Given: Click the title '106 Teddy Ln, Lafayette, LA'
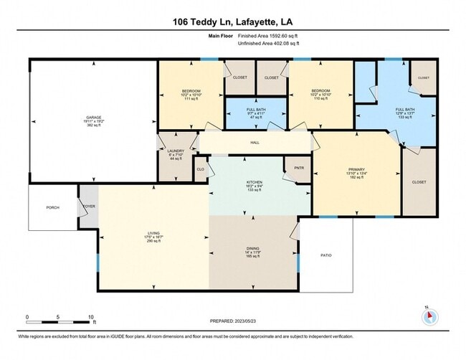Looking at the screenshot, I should pyautogui.click(x=233, y=22).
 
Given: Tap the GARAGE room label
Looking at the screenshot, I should pyautogui.click(x=92, y=117).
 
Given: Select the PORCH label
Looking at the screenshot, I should pyautogui.click(x=52, y=207).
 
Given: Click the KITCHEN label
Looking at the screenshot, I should pyautogui.click(x=254, y=182).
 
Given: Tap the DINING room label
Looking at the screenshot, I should pyautogui.click(x=253, y=248).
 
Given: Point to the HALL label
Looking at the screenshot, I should pyautogui.click(x=255, y=143).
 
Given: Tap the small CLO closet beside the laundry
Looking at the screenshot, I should pyautogui.click(x=201, y=170).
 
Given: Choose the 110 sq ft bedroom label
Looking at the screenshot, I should pyautogui.click(x=320, y=97).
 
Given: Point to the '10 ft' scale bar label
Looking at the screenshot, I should pyautogui.click(x=91, y=316).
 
